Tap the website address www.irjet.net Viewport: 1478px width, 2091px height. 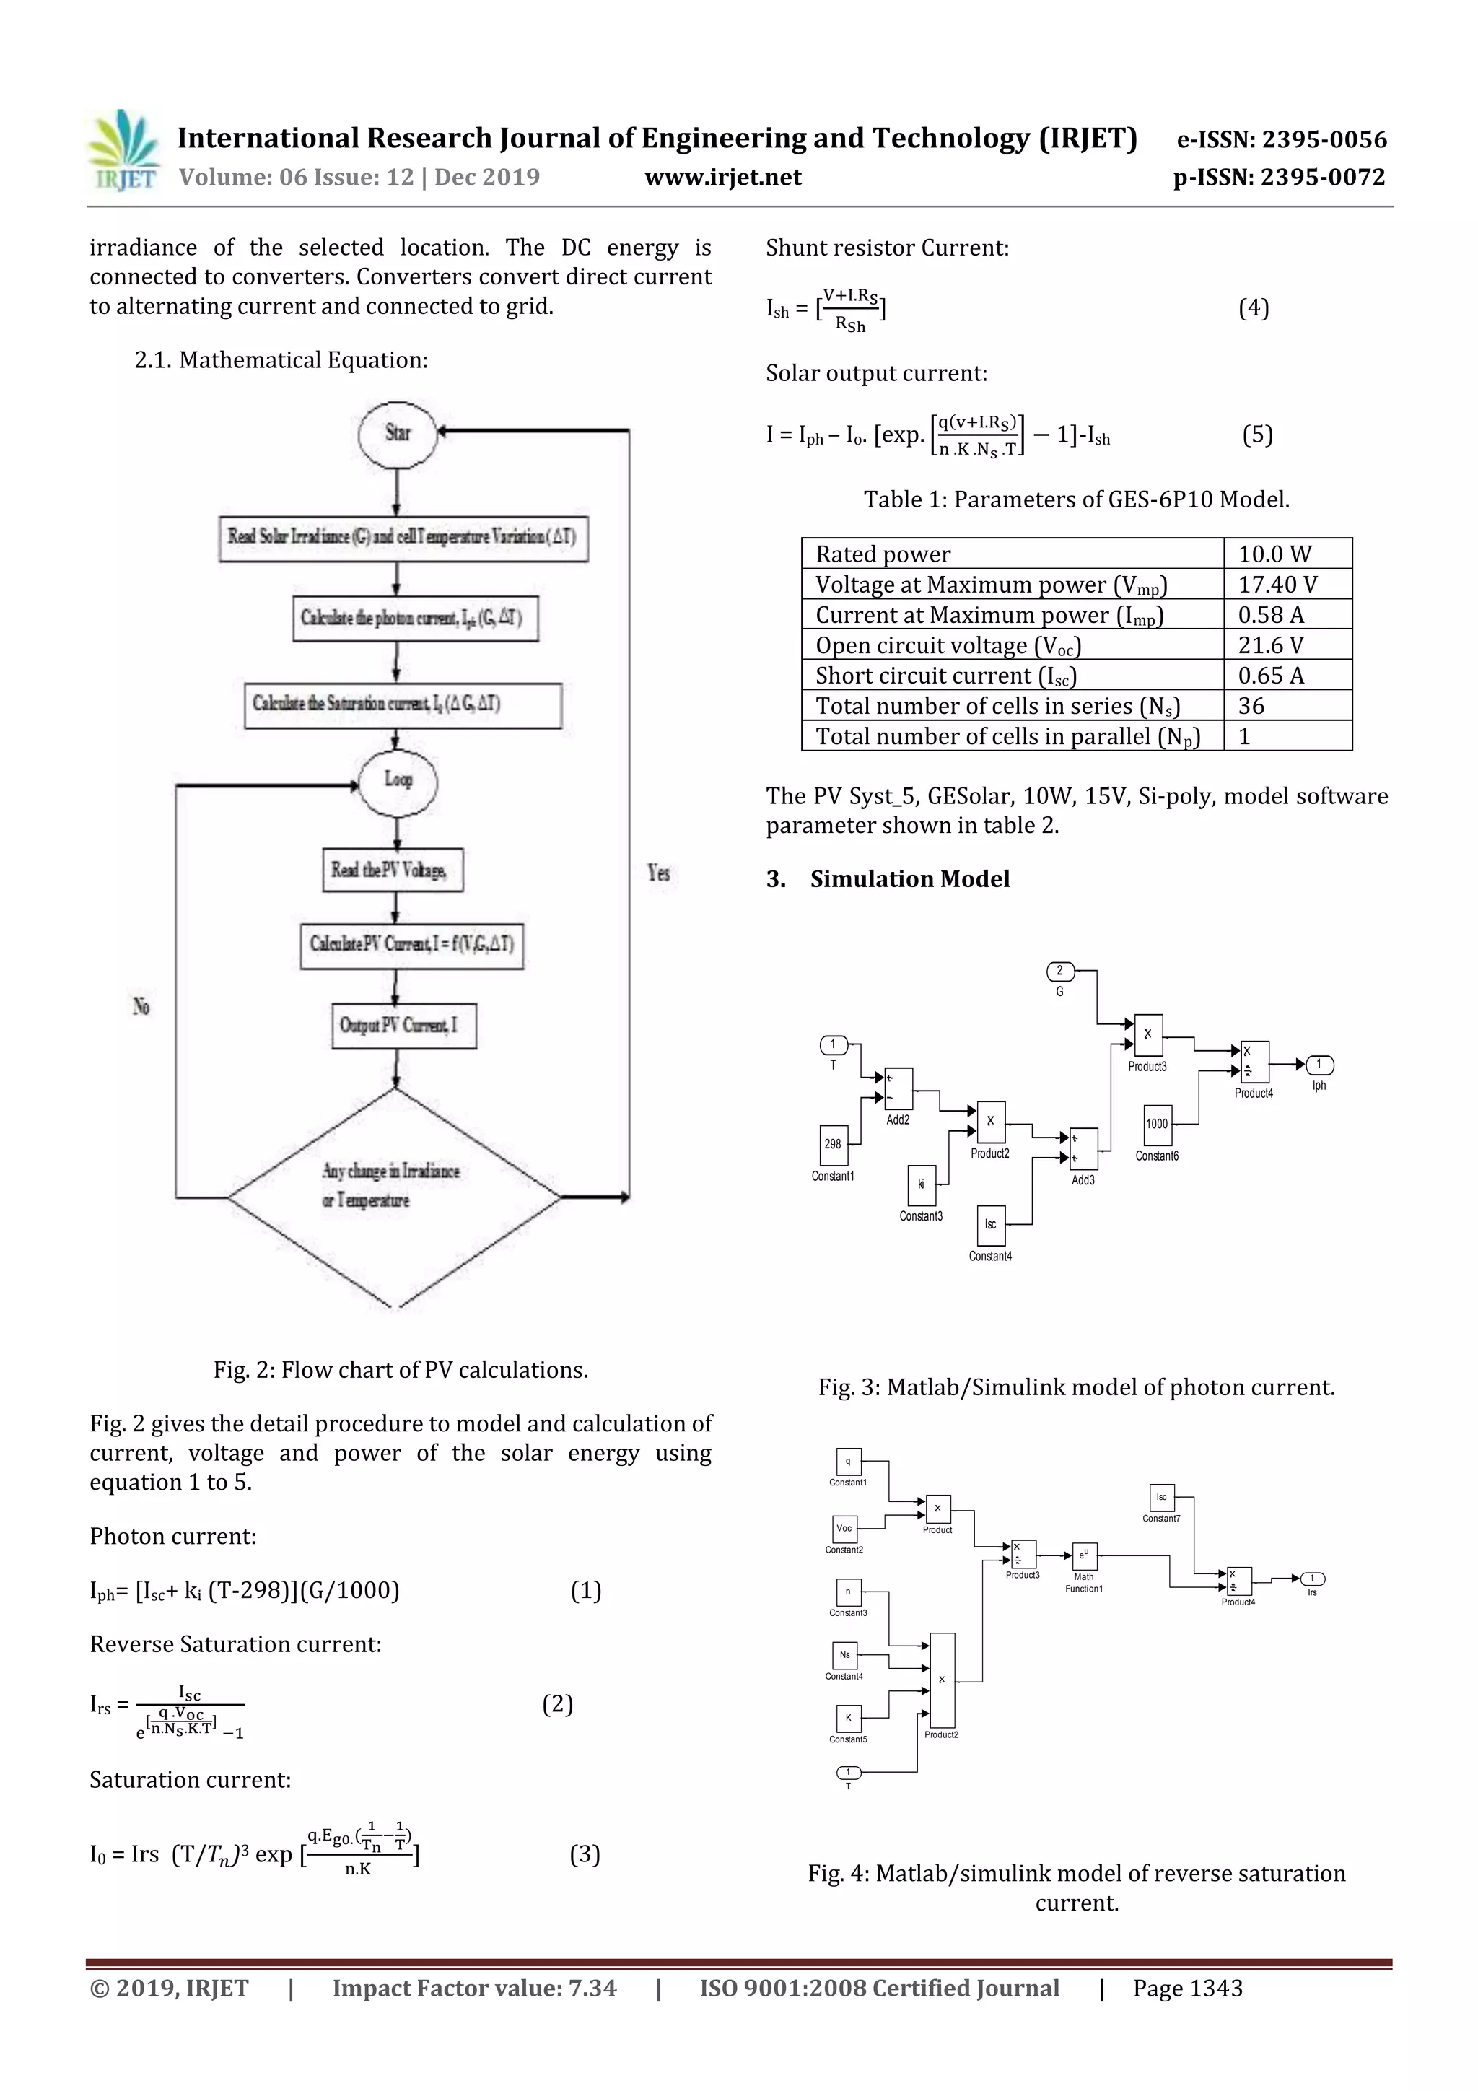pyautogui.click(x=723, y=178)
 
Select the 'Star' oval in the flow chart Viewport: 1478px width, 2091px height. pyautogui.click(x=398, y=434)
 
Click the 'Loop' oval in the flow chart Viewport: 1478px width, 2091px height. pyautogui.click(x=398, y=780)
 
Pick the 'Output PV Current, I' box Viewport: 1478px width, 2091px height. pyautogui.click(x=403, y=1026)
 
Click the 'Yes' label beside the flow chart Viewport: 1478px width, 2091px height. pyautogui.click(x=658, y=873)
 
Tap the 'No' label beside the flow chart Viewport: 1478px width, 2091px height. pyautogui.click(x=141, y=1006)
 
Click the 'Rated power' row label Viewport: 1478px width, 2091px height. pyautogui.click(x=883, y=554)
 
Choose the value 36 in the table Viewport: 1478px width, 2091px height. pyautogui.click(x=1251, y=706)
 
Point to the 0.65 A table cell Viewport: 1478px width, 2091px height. pyautogui.click(x=1270, y=675)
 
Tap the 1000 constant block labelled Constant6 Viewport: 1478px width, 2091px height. pyautogui.click(x=1158, y=1124)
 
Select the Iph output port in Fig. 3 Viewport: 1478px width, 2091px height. pyautogui.click(x=1319, y=1065)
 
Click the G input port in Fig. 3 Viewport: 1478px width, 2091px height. pyautogui.click(x=1060, y=971)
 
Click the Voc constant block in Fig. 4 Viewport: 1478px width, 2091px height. pyautogui.click(x=844, y=1528)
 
